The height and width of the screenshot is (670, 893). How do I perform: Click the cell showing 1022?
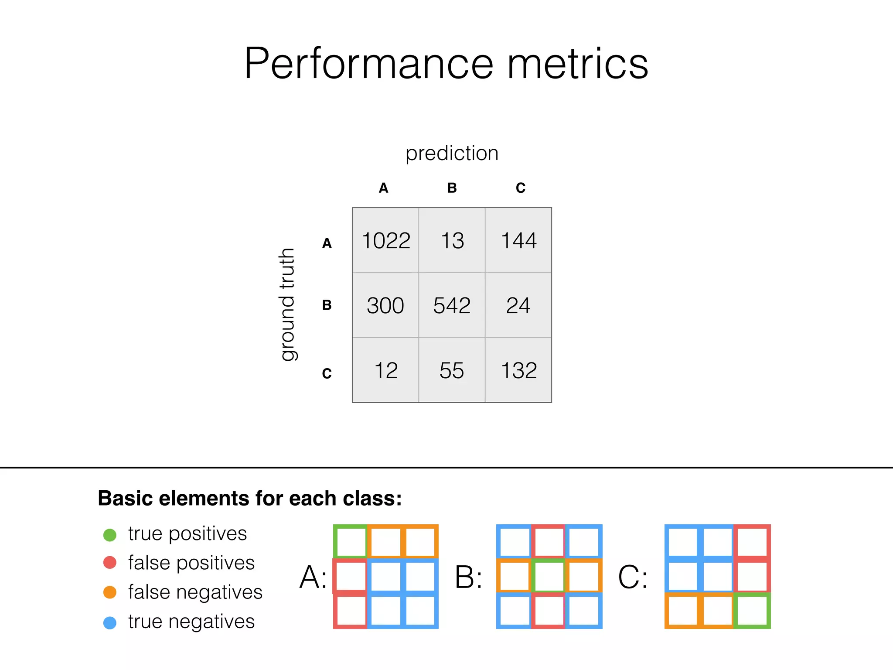click(386, 240)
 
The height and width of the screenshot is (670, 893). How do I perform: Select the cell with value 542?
click(452, 305)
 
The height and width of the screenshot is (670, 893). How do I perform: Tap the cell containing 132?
click(518, 370)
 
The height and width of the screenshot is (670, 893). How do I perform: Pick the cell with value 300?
click(385, 305)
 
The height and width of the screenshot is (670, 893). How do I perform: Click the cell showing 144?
click(518, 240)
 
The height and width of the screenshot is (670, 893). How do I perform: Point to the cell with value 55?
click(452, 370)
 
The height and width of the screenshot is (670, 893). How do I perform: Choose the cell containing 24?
click(518, 305)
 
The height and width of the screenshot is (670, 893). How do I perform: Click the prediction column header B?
click(452, 188)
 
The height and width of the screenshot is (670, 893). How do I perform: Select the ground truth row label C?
click(327, 373)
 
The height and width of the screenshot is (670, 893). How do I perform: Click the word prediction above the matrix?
click(452, 153)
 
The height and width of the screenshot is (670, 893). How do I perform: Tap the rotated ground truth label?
click(287, 304)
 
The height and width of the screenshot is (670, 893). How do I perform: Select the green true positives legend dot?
click(110, 535)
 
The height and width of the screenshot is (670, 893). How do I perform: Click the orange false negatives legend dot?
click(110, 592)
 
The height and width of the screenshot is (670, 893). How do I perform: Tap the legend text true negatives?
click(191, 622)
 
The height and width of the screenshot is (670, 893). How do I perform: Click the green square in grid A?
click(351, 541)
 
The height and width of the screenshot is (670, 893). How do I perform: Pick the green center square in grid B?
click(549, 576)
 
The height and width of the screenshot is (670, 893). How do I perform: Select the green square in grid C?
click(752, 611)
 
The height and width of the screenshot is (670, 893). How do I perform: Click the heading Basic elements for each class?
click(250, 498)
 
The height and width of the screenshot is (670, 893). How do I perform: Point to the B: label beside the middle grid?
click(468, 577)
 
